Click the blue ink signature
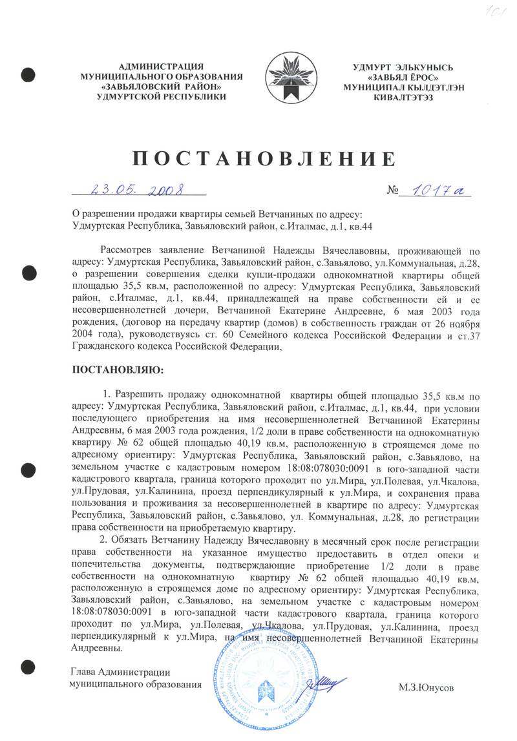326,678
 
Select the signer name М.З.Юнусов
426,688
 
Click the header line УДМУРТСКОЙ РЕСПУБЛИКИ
161,96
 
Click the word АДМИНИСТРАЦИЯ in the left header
161,67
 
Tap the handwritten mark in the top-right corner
499,12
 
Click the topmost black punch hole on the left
27,75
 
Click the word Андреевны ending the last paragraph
97,648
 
